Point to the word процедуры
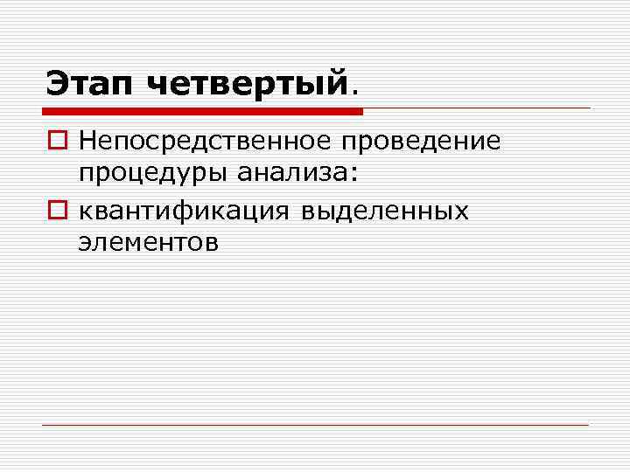coord(151,174)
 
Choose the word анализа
coord(291,172)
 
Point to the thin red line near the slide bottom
coord(315,426)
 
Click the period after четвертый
coord(354,92)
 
